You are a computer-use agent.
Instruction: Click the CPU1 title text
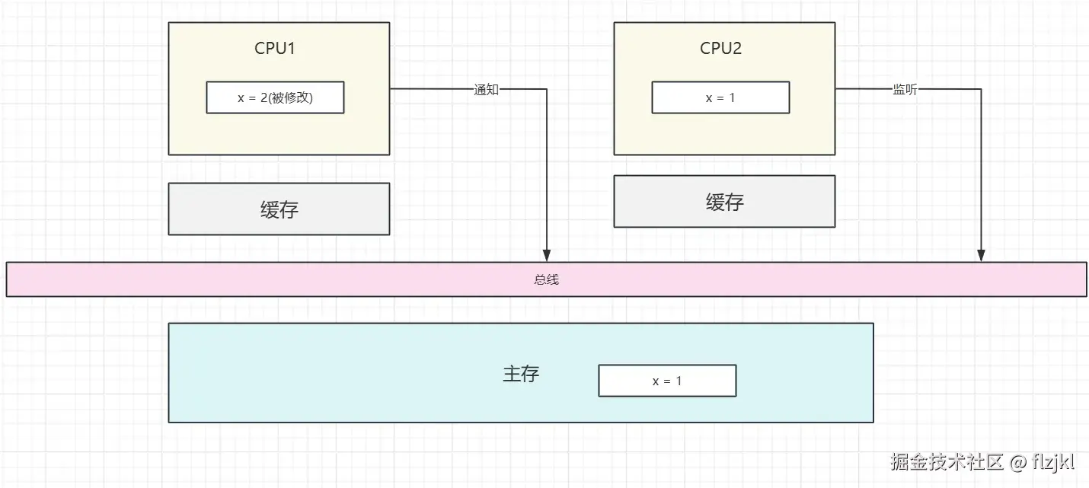tap(275, 48)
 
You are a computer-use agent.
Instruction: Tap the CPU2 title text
tap(720, 48)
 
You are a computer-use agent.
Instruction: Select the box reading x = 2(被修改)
tap(275, 97)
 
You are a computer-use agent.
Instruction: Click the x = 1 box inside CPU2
tap(720, 97)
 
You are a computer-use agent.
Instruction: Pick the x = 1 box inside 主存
tap(667, 381)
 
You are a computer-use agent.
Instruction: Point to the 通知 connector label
tap(486, 89)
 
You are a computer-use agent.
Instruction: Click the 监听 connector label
tap(905, 89)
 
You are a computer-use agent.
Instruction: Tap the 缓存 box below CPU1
tap(279, 209)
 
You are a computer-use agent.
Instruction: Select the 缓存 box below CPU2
tap(724, 201)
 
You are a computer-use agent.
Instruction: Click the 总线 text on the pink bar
tap(547, 279)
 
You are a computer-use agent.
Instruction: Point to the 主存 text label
tap(521, 373)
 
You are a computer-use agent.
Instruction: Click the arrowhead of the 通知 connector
tap(547, 256)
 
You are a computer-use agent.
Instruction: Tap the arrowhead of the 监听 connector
tap(981, 256)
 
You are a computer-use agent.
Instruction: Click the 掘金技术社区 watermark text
tap(947, 461)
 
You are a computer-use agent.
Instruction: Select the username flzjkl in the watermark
tap(1053, 462)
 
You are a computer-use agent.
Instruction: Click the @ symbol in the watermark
tap(1017, 462)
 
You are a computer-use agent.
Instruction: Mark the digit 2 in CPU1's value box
tap(264, 97)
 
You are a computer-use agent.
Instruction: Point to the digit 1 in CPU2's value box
tap(732, 97)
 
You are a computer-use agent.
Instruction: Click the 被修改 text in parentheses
tap(290, 97)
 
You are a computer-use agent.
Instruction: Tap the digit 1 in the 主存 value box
tap(679, 381)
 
